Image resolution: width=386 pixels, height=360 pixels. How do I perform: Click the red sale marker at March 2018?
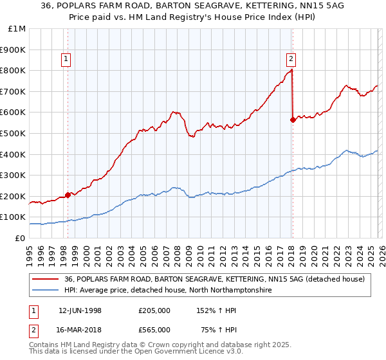[x=293, y=119]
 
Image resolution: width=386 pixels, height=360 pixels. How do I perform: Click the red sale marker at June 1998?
[x=68, y=195]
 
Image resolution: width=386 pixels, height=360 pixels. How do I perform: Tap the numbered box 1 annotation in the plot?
[x=68, y=59]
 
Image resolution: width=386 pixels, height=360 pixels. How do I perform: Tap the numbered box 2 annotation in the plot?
[x=291, y=59]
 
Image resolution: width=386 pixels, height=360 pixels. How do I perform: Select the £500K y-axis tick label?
[x=14, y=133]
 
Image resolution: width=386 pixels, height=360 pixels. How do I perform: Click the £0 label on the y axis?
[x=19, y=238]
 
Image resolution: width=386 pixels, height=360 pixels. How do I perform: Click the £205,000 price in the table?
[x=154, y=310]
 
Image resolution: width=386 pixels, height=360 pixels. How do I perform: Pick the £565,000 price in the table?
[x=154, y=329]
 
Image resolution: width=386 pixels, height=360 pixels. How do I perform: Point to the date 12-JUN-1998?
[x=80, y=310]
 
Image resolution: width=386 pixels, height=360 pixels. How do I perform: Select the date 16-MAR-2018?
[x=80, y=329]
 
